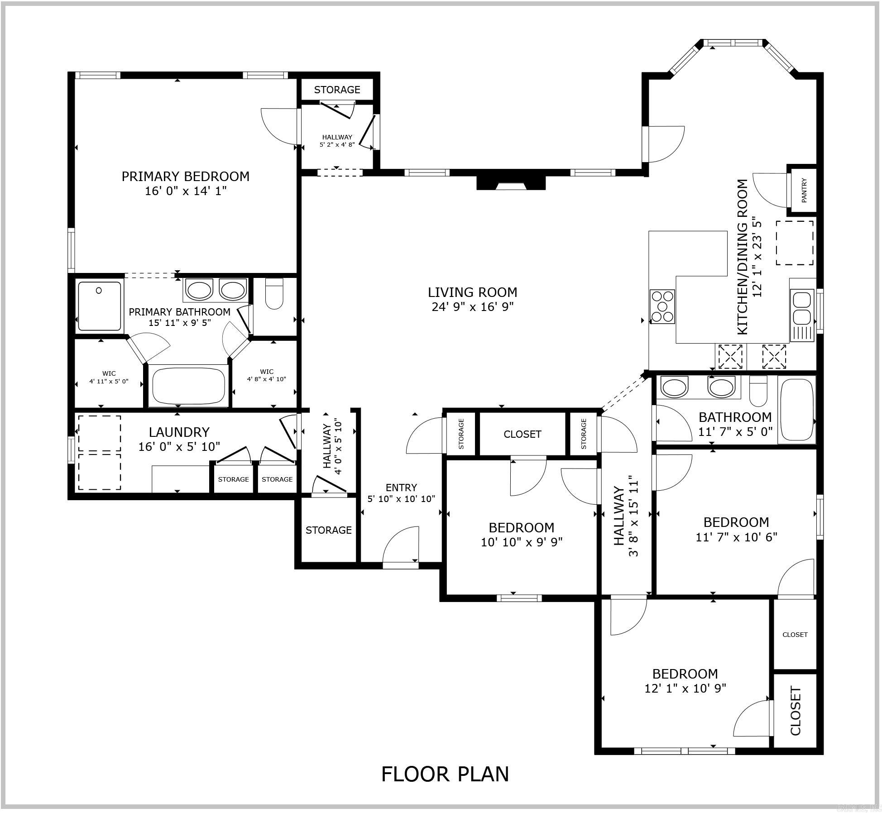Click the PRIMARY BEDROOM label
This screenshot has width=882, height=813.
[185, 176]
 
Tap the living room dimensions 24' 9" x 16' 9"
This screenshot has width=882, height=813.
[472, 307]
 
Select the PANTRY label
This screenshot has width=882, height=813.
[804, 191]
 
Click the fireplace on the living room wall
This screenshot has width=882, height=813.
[511, 183]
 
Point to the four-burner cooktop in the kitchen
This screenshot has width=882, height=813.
[662, 306]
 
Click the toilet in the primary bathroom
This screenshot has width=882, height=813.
[274, 294]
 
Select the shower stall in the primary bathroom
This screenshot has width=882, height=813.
[100, 306]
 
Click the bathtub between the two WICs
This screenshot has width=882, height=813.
[188, 385]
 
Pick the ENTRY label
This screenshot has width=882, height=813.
[401, 488]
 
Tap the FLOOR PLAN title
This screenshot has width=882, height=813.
[445, 774]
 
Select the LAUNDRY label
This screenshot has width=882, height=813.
[179, 432]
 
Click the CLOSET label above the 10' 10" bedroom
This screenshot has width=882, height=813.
[522, 434]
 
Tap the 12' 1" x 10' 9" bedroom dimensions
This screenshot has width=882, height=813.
[685, 688]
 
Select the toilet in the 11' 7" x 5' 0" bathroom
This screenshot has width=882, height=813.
[758, 392]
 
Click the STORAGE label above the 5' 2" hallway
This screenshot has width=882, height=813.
[337, 90]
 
